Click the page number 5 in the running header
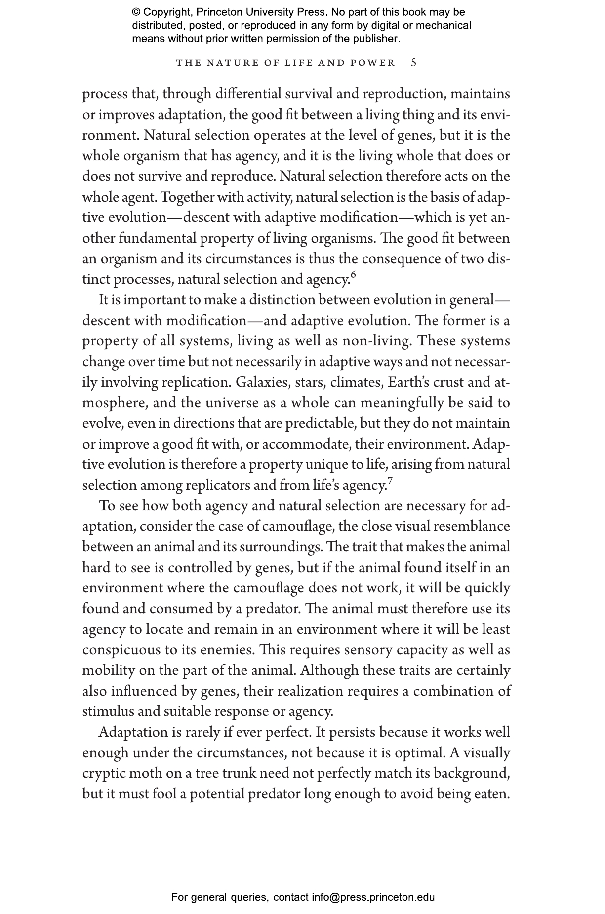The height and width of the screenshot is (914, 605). click(x=414, y=63)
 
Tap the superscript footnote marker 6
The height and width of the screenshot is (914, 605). click(x=353, y=275)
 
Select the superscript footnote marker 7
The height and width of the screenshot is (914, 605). click(x=390, y=481)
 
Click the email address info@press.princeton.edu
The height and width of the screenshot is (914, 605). click(x=373, y=897)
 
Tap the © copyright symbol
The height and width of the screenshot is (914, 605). click(x=136, y=12)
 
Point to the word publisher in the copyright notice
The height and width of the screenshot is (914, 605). click(x=375, y=39)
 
